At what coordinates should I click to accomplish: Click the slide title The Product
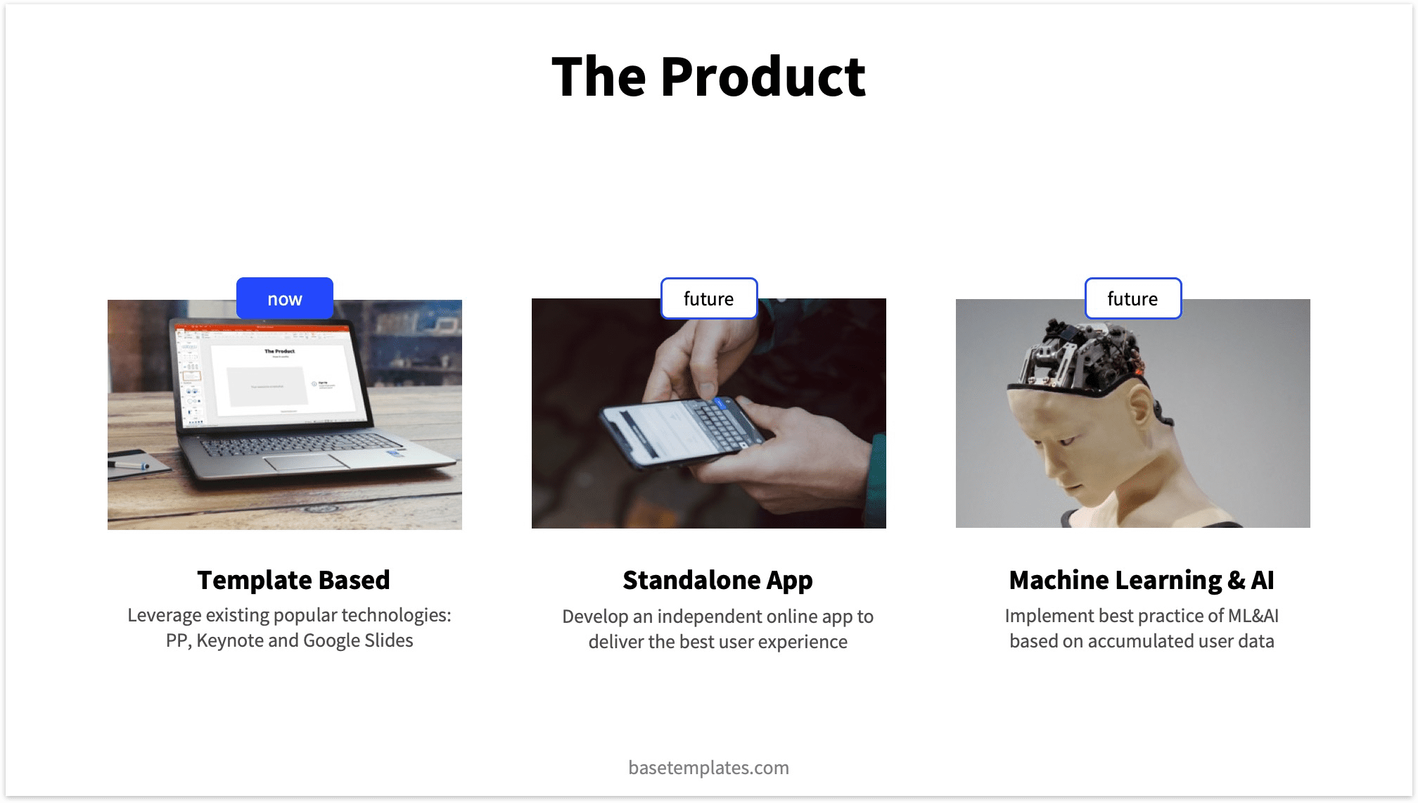tap(708, 76)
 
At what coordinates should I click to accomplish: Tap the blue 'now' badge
tap(285, 298)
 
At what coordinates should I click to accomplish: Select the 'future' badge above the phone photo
tap(708, 298)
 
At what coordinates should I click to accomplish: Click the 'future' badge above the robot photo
tap(1132, 298)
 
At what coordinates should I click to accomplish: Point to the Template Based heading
tap(293, 580)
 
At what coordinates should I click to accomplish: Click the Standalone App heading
tap(717, 580)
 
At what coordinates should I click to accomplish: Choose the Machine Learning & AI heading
tap(1141, 580)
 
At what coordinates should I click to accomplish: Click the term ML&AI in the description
tap(1253, 616)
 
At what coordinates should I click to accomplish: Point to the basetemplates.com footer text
tap(708, 767)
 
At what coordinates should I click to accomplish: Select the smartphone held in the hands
tap(679, 429)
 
